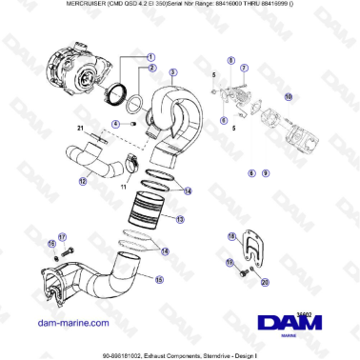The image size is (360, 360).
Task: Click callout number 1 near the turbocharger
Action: tap(150, 56)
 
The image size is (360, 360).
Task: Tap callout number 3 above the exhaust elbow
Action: tap(173, 71)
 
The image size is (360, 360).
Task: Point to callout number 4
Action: tap(115, 124)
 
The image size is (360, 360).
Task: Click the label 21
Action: tap(81, 129)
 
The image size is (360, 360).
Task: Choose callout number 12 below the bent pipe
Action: tap(84, 181)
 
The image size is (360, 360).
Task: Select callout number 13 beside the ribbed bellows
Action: tap(181, 218)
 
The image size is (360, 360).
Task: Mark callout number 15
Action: tap(159, 280)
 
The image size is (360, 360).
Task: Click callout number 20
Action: tap(264, 282)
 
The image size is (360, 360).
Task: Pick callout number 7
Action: tap(244, 70)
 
